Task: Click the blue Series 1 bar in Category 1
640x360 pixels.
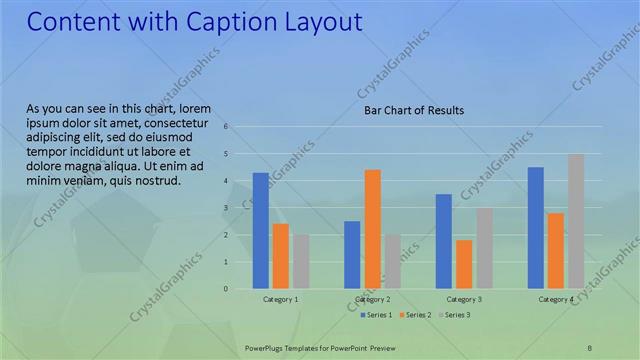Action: [260, 231]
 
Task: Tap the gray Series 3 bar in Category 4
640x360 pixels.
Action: [576, 221]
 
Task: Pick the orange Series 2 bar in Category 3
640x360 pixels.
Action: [464, 264]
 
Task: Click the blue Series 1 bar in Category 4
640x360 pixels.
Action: [536, 228]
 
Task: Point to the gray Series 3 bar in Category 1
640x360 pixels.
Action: [301, 262]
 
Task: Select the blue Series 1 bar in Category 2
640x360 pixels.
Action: [352, 255]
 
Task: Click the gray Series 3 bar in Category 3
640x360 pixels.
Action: [484, 248]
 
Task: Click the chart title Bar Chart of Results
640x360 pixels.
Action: [413, 110]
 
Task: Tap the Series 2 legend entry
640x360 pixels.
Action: [415, 315]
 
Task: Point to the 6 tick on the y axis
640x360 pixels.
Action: [227, 127]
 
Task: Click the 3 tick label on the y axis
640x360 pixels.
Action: [227, 208]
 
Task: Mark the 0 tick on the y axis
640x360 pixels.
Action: [227, 289]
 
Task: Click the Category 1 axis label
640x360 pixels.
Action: [280, 299]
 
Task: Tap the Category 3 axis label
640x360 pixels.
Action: [464, 299]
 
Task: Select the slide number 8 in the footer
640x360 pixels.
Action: [589, 347]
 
